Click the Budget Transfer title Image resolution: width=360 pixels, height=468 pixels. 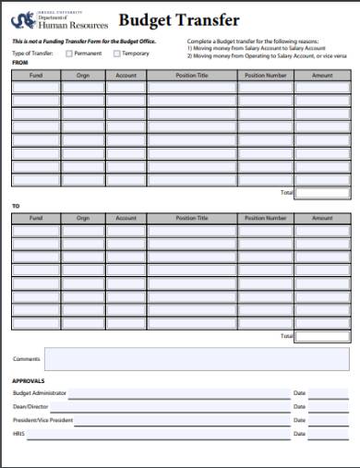pyautogui.click(x=179, y=20)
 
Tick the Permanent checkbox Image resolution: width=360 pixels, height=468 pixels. pyautogui.click(x=67, y=54)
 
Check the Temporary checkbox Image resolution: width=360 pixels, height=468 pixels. pyautogui.click(x=115, y=54)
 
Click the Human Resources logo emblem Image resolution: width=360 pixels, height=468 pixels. pyautogui.click(x=19, y=20)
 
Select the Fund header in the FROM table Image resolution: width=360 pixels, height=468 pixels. pyautogui.click(x=35, y=75)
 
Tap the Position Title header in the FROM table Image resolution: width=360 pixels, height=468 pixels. pyautogui.click(x=191, y=75)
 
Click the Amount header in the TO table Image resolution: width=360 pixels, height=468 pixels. pyautogui.click(x=322, y=218)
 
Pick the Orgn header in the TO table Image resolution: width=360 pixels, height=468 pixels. pyautogui.click(x=83, y=218)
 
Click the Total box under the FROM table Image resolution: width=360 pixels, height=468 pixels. pyautogui.click(x=322, y=193)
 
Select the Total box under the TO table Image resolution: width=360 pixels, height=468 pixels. pyautogui.click(x=322, y=336)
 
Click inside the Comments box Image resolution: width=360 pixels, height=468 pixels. pyautogui.click(x=197, y=359)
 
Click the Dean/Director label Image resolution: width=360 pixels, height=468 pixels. pyautogui.click(x=31, y=406)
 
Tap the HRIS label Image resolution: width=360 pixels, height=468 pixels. pyautogui.click(x=18, y=433)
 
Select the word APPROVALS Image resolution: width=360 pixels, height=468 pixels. pyautogui.click(x=29, y=380)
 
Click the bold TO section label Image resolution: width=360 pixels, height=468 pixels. pyautogui.click(x=15, y=206)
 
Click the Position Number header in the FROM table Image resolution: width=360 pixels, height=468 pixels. pyautogui.click(x=266, y=75)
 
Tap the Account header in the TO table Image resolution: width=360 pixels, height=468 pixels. pyautogui.click(x=126, y=218)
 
